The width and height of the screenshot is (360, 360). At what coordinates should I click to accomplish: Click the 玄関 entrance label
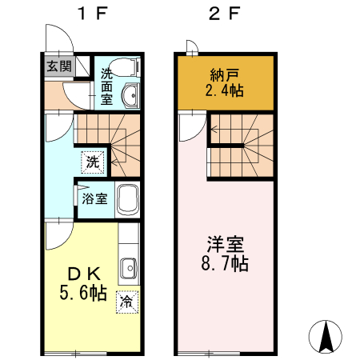coord(55,67)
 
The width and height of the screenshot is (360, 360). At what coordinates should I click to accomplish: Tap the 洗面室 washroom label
coord(107,87)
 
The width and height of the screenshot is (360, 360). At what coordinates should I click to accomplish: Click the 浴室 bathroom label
coord(95,198)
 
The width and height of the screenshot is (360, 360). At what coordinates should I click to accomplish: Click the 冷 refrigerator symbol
coord(126,302)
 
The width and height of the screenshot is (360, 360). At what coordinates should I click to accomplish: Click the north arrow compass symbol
coord(326,335)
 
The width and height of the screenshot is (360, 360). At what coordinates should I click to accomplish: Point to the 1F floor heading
coord(88,14)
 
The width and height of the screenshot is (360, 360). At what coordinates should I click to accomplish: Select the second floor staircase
coord(242,144)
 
